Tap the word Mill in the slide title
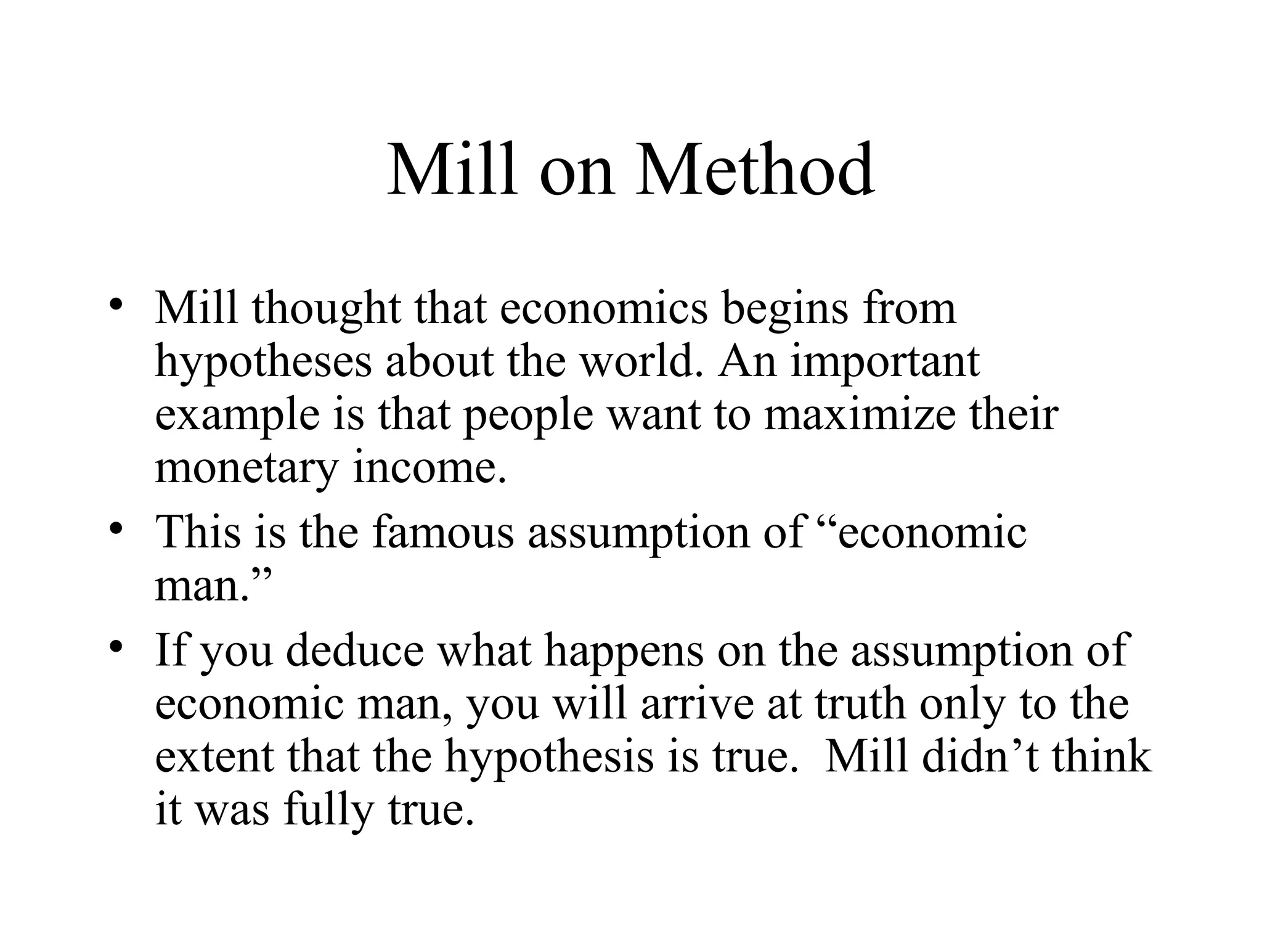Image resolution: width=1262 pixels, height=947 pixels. point(453,169)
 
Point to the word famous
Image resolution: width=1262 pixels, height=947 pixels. point(442,532)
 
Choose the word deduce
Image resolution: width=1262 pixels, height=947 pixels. point(355,650)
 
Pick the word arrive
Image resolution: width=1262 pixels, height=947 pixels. point(697,704)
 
